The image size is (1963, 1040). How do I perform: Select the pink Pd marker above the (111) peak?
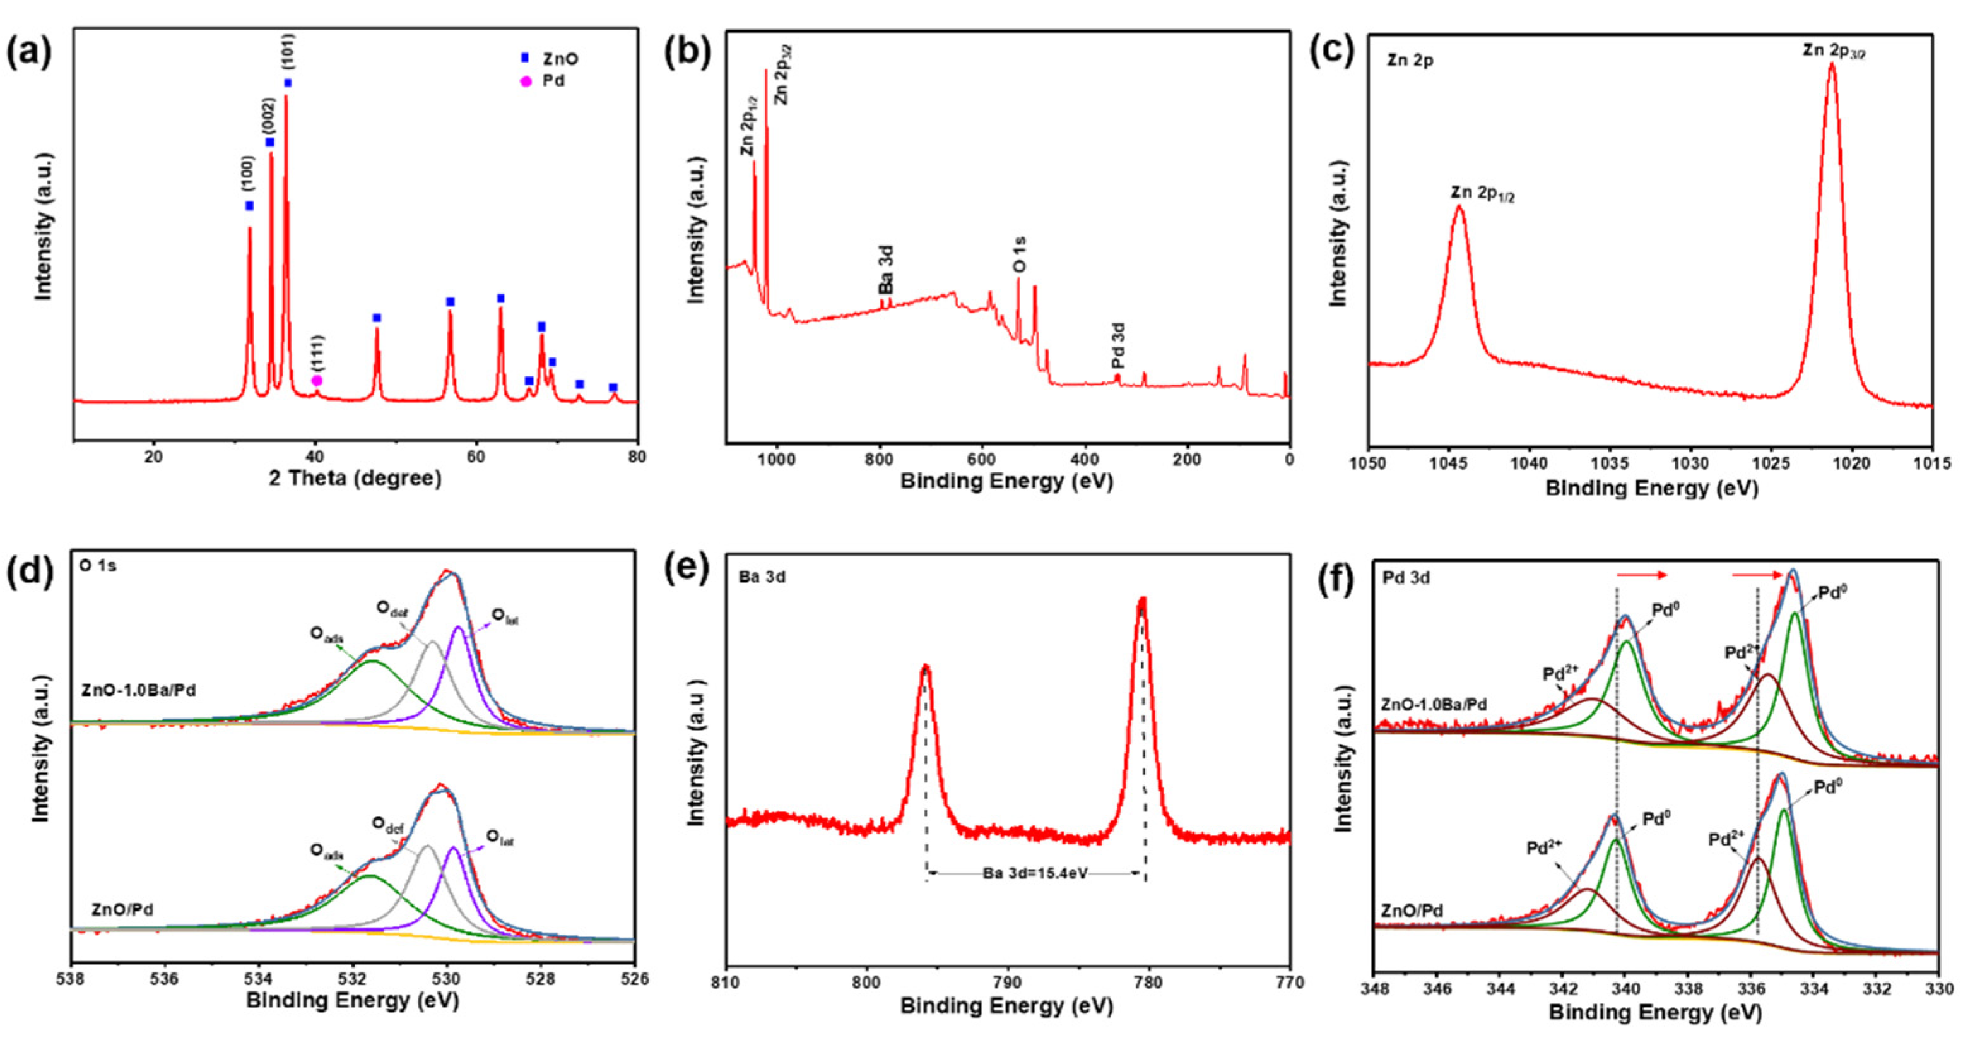click(317, 381)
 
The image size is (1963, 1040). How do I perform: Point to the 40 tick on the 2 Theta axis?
click(315, 457)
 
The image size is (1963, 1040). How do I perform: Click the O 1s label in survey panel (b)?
click(1020, 254)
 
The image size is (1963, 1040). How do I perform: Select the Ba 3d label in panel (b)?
click(885, 269)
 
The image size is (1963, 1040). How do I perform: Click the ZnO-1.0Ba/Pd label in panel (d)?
click(139, 690)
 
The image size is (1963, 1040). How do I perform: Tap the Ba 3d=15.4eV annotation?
click(1035, 874)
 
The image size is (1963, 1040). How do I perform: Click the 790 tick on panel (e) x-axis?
click(1008, 983)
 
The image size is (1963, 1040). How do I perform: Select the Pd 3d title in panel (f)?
click(1406, 578)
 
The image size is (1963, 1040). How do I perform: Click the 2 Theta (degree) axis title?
click(355, 479)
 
